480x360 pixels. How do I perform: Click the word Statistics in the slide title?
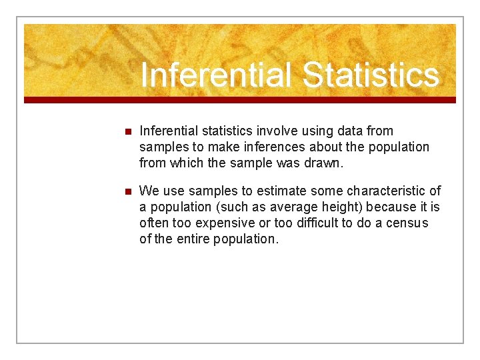coord(371,75)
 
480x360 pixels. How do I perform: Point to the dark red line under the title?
coord(240,100)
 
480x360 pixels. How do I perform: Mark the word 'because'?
coord(391,207)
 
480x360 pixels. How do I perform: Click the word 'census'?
coord(407,223)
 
